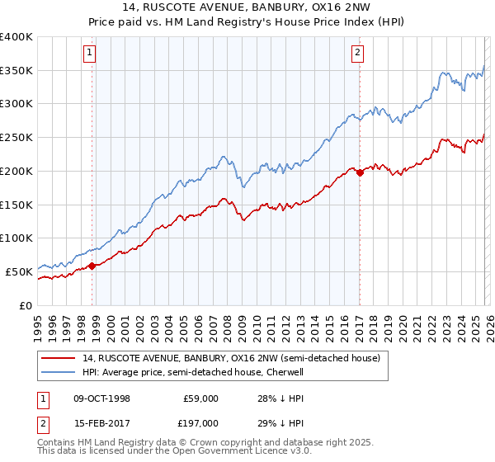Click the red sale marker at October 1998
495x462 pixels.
pos(92,265)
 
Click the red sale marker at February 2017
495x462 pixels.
pos(360,172)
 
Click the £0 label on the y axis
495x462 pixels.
pos(26,305)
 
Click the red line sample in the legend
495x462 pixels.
pos(59,359)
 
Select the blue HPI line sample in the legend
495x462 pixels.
pos(59,372)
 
